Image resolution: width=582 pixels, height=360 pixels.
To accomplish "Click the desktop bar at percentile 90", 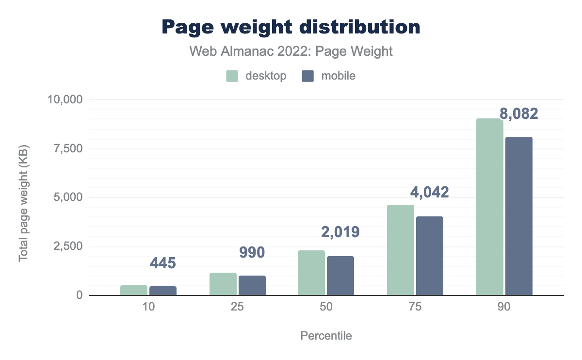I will pos(489,207).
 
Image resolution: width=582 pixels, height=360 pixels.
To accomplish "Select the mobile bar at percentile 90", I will pos(518,216).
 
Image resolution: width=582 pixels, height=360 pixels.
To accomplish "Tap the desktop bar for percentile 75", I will pos(401,250).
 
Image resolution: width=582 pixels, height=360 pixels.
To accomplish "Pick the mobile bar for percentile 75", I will pos(430,256).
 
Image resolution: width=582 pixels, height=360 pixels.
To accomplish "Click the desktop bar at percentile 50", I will pos(311,273).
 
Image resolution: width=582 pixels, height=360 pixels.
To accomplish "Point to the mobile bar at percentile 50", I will pos(340,276).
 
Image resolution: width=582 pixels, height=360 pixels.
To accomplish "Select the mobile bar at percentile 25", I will pos(252,285).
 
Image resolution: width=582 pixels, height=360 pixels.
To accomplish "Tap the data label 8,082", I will pos(519,114).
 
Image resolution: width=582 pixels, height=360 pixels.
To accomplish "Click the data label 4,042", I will pos(430,192).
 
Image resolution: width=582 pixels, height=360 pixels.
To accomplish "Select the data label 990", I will pos(252,252).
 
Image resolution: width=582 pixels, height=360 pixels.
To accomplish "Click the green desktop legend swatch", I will pos(232,76).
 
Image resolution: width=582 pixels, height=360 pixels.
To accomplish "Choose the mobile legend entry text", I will pos(338,76).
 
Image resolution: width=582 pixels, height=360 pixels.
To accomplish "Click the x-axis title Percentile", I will pos(326,336).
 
